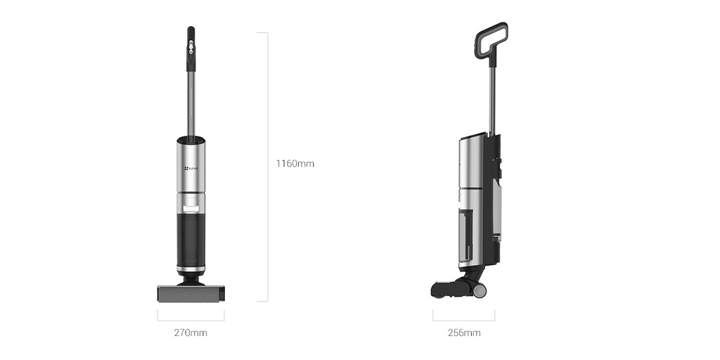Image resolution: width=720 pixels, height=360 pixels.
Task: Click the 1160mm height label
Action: [x=295, y=164]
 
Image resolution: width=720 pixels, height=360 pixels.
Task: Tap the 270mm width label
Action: [x=191, y=333]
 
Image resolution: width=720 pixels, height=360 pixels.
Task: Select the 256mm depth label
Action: [x=464, y=333]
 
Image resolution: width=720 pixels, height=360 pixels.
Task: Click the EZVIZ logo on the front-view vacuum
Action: [x=191, y=168]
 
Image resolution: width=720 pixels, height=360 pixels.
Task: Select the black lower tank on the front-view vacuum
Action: [x=191, y=239]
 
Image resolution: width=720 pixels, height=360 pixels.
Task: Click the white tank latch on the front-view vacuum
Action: [x=191, y=206]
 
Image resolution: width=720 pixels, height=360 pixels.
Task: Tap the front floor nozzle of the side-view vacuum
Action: [x=444, y=288]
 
